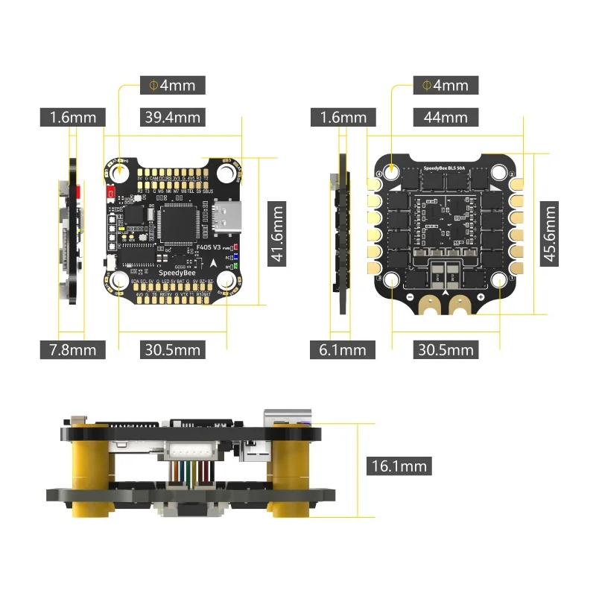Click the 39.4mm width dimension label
click(173, 117)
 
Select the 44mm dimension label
click(446, 117)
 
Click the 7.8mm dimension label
click(72, 349)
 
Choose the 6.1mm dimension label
click(343, 349)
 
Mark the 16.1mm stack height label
click(400, 466)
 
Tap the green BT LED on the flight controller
click(235, 266)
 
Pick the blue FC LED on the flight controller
click(235, 256)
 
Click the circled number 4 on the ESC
click(379, 174)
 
